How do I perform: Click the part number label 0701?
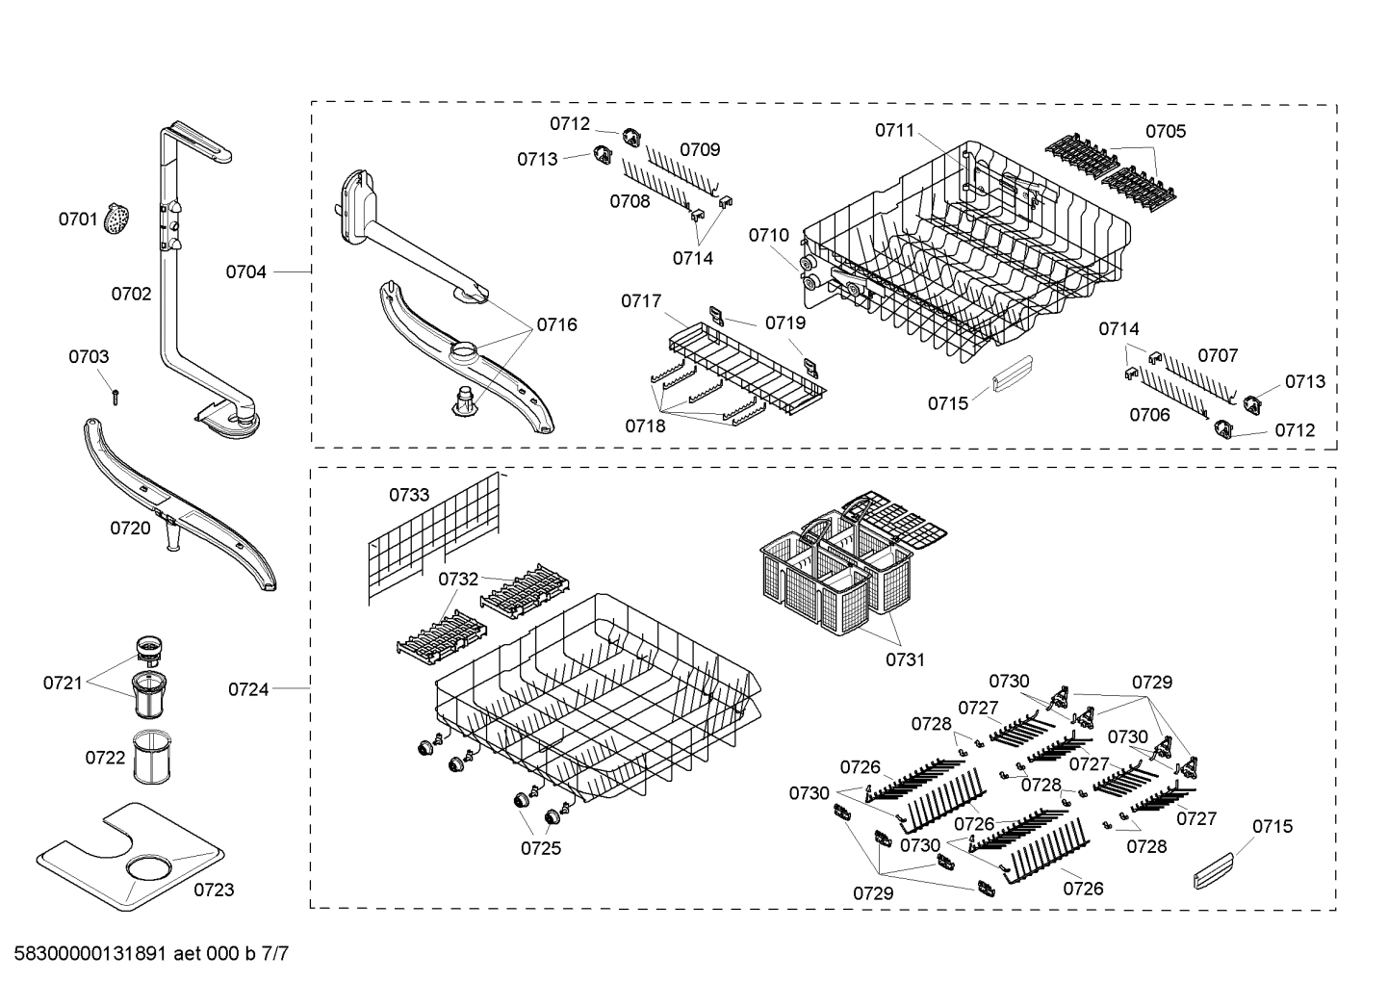78,219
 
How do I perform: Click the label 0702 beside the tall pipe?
131,294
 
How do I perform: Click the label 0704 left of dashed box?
245,272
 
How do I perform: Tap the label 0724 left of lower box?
248,689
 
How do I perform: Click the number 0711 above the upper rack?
894,130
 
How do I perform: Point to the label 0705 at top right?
1165,131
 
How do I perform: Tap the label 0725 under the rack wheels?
541,848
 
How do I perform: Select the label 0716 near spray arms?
556,324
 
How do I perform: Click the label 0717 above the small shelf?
641,301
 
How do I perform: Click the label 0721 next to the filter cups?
63,683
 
